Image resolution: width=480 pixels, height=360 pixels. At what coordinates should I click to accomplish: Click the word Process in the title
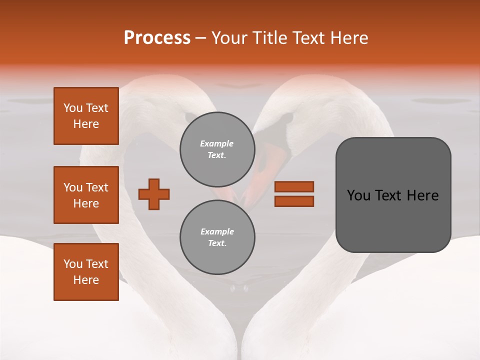tap(157, 38)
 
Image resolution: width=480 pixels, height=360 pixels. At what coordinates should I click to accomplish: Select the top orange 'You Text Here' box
tap(86, 116)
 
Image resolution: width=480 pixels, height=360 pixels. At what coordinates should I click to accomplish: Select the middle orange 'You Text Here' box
tap(86, 195)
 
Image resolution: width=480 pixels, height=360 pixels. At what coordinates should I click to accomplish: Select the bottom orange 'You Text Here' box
tap(86, 272)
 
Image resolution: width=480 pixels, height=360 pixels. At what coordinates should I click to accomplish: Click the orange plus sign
tap(154, 194)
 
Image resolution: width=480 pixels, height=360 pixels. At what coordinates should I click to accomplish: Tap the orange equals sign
tap(294, 194)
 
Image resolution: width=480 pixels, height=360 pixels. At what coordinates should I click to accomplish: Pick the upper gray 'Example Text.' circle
tap(217, 149)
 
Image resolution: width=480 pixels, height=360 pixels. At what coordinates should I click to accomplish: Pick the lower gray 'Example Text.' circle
tap(217, 237)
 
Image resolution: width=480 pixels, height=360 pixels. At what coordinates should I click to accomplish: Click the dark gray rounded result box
tap(393, 195)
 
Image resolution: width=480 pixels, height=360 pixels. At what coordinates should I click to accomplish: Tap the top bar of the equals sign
tap(294, 187)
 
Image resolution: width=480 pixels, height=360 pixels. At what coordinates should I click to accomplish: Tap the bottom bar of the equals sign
tap(294, 201)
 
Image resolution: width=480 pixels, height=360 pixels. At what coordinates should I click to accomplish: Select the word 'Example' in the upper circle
tap(217, 144)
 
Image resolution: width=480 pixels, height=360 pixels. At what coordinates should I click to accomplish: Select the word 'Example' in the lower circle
tap(217, 232)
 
